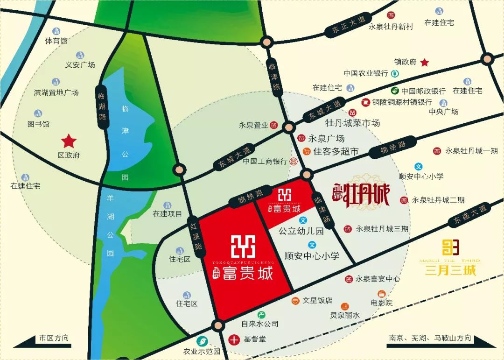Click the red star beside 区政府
(69, 140)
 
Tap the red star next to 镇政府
(425, 62)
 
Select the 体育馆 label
(56, 41)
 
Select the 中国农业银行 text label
(366, 73)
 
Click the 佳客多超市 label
(336, 151)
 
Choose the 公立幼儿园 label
(301, 231)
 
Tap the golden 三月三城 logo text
(450, 270)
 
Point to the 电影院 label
(382, 303)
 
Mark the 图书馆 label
(38, 124)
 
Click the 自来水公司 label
(260, 324)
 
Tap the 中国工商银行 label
(265, 161)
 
